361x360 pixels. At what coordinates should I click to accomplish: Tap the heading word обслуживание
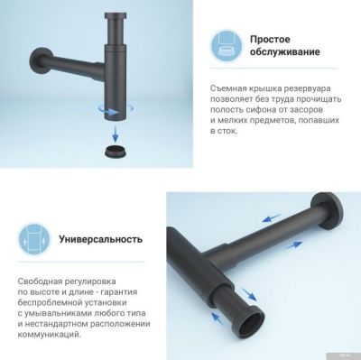pos(287,53)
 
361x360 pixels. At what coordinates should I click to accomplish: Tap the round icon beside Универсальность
pos(32,240)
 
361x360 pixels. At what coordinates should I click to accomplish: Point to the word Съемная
pos(232,86)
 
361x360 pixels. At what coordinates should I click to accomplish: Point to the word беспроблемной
pos(51,303)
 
